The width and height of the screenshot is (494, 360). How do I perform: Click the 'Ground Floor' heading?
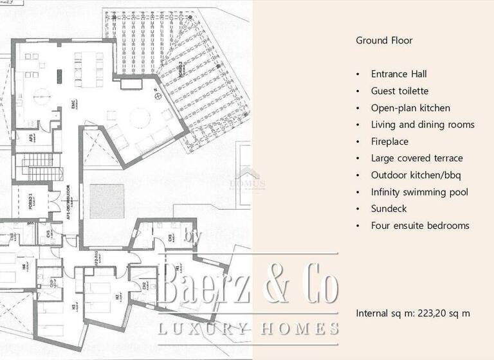pos(384,40)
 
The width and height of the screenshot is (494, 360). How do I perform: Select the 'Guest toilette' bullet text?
pos(399,91)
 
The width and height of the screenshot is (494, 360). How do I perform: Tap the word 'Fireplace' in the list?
pos(390,141)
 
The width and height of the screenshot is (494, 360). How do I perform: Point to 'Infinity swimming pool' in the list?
pos(419,192)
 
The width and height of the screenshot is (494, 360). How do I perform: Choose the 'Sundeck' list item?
pos(389,208)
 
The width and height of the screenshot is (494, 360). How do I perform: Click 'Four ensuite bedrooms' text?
pos(420,226)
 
